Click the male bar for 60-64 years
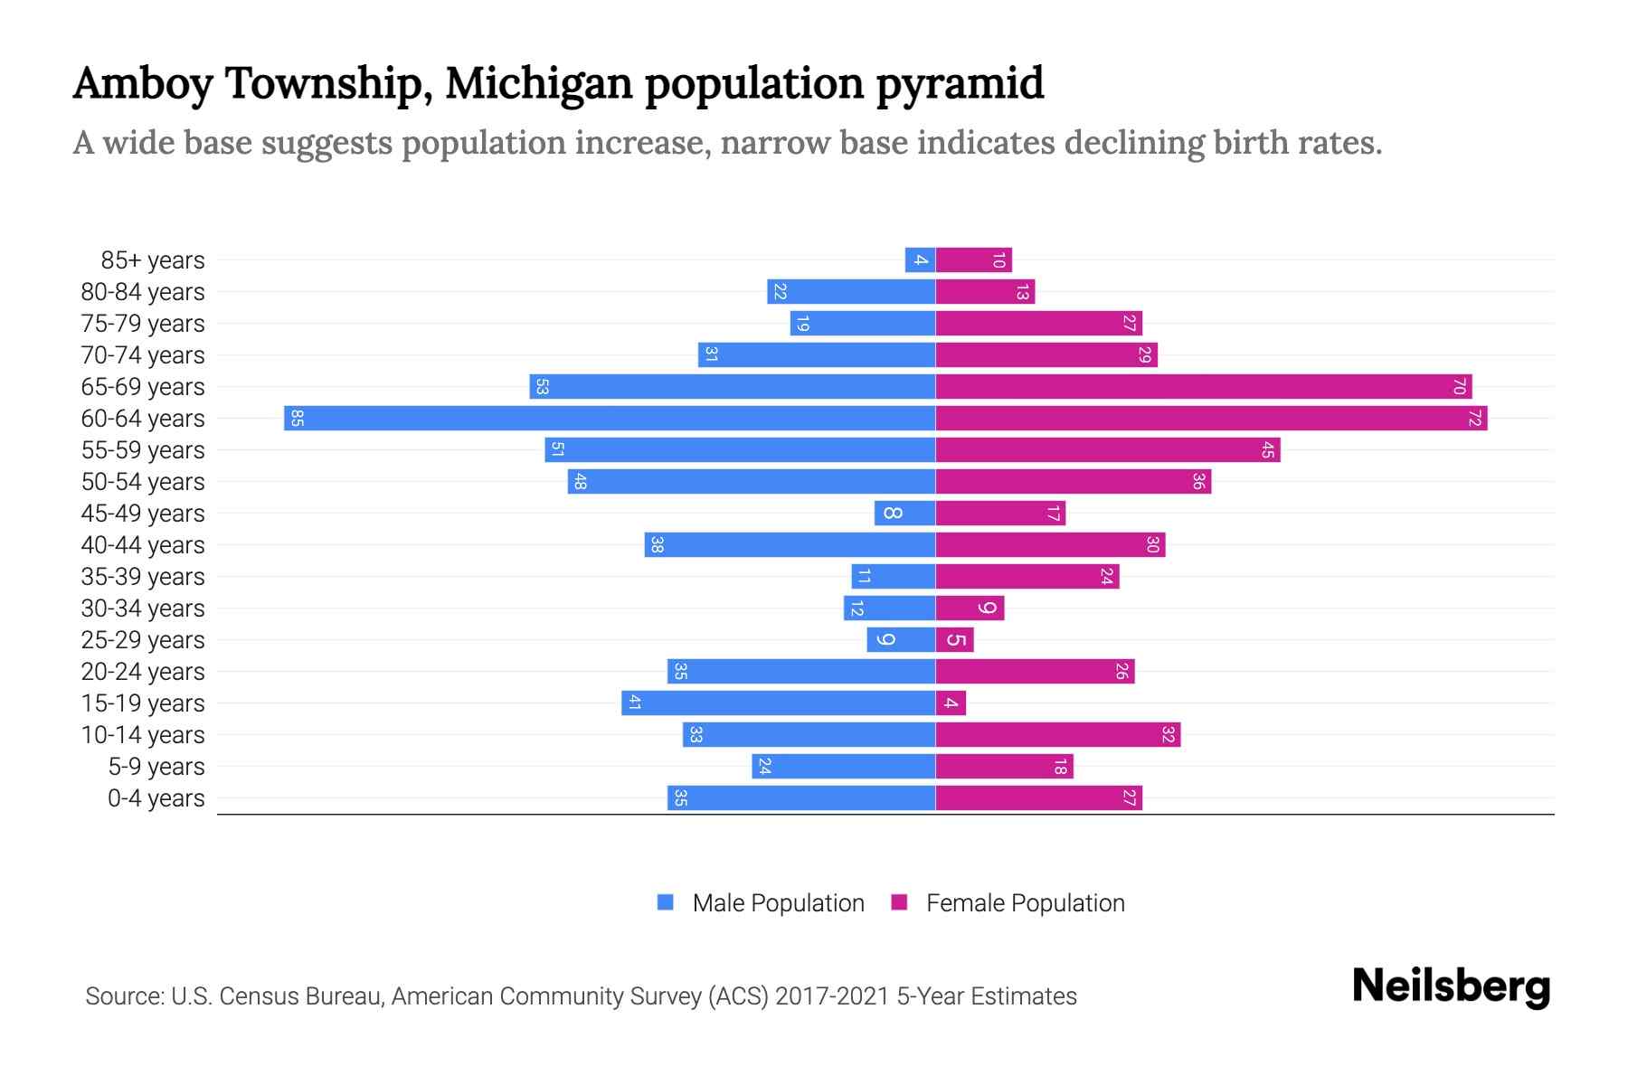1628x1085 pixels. coord(610,419)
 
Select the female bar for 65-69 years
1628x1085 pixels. coord(1203,387)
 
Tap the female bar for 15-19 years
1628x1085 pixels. coord(951,703)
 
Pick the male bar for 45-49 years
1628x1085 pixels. coord(904,514)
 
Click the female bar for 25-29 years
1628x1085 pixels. coord(954,640)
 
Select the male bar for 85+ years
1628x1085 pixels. coord(920,260)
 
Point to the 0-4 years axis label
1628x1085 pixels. coord(156,798)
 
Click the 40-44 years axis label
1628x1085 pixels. coord(143,545)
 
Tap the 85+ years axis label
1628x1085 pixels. coord(152,260)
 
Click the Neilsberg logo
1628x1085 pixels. coord(1451,986)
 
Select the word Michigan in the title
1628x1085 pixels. coord(538,83)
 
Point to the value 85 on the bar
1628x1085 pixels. coord(297,419)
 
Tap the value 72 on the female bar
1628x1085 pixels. coord(1474,419)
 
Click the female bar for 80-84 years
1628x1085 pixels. coord(985,292)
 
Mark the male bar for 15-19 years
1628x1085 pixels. coord(778,703)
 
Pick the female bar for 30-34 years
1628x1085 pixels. coord(970,609)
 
